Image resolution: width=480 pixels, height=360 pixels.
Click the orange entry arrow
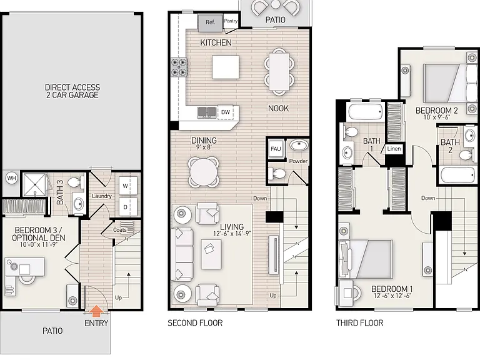96,311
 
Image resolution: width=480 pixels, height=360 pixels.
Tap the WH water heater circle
12,178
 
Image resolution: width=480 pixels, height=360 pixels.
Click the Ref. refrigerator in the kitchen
210,22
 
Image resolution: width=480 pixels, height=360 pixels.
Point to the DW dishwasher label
225,112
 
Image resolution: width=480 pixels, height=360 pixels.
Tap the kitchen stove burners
179,67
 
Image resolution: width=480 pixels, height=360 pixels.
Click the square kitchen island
226,67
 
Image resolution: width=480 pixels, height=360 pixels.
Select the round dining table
204,171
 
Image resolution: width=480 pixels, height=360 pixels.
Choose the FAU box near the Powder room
276,149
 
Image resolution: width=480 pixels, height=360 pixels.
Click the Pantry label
231,21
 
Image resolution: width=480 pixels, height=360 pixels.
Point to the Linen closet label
394,149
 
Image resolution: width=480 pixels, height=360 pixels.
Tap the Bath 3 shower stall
35,185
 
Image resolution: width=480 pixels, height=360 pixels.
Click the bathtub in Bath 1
366,111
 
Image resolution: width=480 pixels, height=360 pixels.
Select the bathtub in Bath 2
458,176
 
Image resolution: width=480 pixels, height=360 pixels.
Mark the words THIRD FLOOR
360,322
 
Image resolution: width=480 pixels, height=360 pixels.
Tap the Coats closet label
120,229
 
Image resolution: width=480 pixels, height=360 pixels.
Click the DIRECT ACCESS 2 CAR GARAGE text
72,91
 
